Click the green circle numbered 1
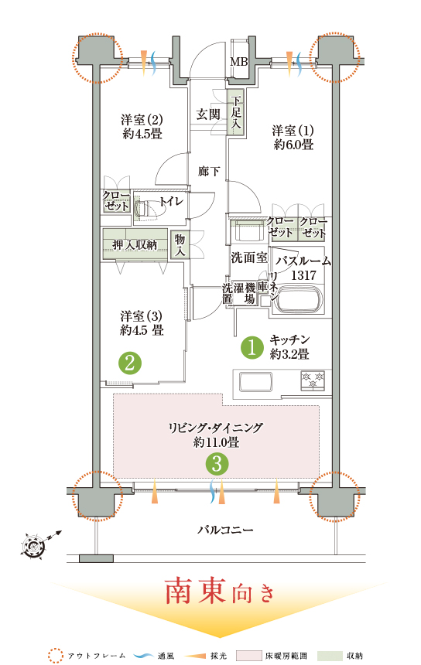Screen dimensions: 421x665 (252, 348)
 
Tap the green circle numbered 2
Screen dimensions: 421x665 (130, 363)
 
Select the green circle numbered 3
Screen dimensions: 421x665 (217, 463)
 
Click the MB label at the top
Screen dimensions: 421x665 (239, 62)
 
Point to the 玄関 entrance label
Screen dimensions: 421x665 (208, 114)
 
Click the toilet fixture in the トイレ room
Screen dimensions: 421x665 (144, 208)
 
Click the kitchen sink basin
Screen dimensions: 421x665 (255, 382)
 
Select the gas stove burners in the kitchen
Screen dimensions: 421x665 (313, 380)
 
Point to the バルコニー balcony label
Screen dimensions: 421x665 (225, 530)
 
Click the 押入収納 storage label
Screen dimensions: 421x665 (135, 244)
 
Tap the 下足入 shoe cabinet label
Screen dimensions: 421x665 (236, 112)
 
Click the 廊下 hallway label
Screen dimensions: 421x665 (209, 172)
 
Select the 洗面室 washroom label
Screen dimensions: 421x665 (249, 257)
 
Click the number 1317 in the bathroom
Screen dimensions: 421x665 (303, 275)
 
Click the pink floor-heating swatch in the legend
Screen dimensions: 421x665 (248, 656)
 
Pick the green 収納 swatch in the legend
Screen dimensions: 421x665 (331, 656)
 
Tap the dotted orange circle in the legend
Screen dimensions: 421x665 (55, 656)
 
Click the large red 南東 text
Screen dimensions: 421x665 (195, 591)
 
